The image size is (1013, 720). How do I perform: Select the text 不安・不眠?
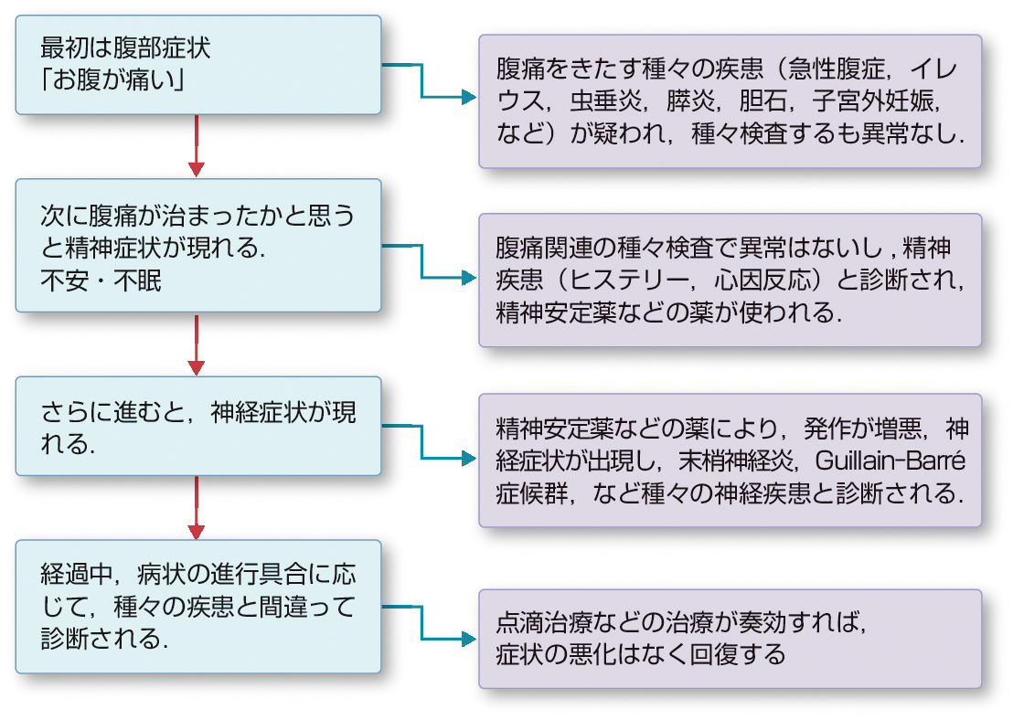pyautogui.click(x=101, y=281)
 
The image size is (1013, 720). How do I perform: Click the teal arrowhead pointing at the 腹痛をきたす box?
pyautogui.click(x=469, y=97)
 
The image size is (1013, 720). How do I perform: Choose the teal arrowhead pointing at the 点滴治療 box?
pyautogui.click(x=469, y=637)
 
